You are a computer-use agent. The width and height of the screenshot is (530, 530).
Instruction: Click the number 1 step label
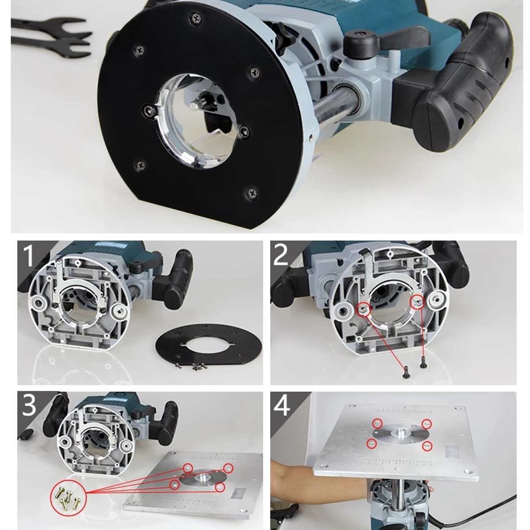[x=29, y=256]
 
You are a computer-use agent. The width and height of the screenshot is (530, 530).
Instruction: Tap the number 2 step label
[x=281, y=255]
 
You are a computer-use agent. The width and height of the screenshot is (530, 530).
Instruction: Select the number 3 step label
[x=28, y=405]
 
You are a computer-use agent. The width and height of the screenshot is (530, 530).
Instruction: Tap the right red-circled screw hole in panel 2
[x=417, y=302]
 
